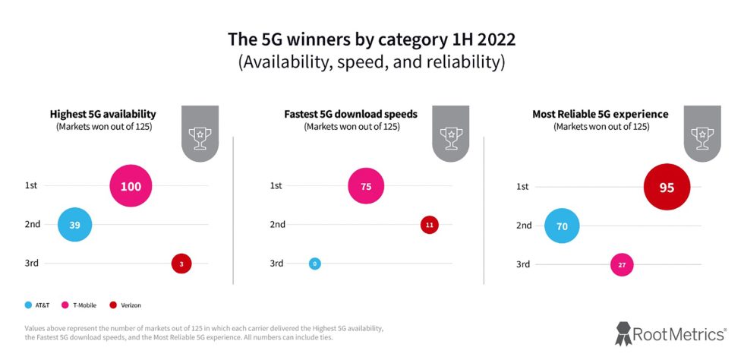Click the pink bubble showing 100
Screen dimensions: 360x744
131,186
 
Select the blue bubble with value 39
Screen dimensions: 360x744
74,224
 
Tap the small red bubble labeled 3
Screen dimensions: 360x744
181,264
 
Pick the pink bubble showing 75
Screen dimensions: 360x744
366,186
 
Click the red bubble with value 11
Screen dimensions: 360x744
430,225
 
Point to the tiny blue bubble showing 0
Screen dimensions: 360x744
314,264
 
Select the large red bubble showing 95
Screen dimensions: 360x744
667,187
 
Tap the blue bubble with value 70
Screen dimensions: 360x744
563,226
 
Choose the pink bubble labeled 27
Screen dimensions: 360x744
622,264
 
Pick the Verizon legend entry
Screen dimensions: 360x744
126,305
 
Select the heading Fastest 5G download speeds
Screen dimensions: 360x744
351,115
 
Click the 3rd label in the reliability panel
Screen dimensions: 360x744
523,264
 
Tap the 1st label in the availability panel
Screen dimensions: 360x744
31,185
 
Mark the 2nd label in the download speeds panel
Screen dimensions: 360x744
277,224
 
